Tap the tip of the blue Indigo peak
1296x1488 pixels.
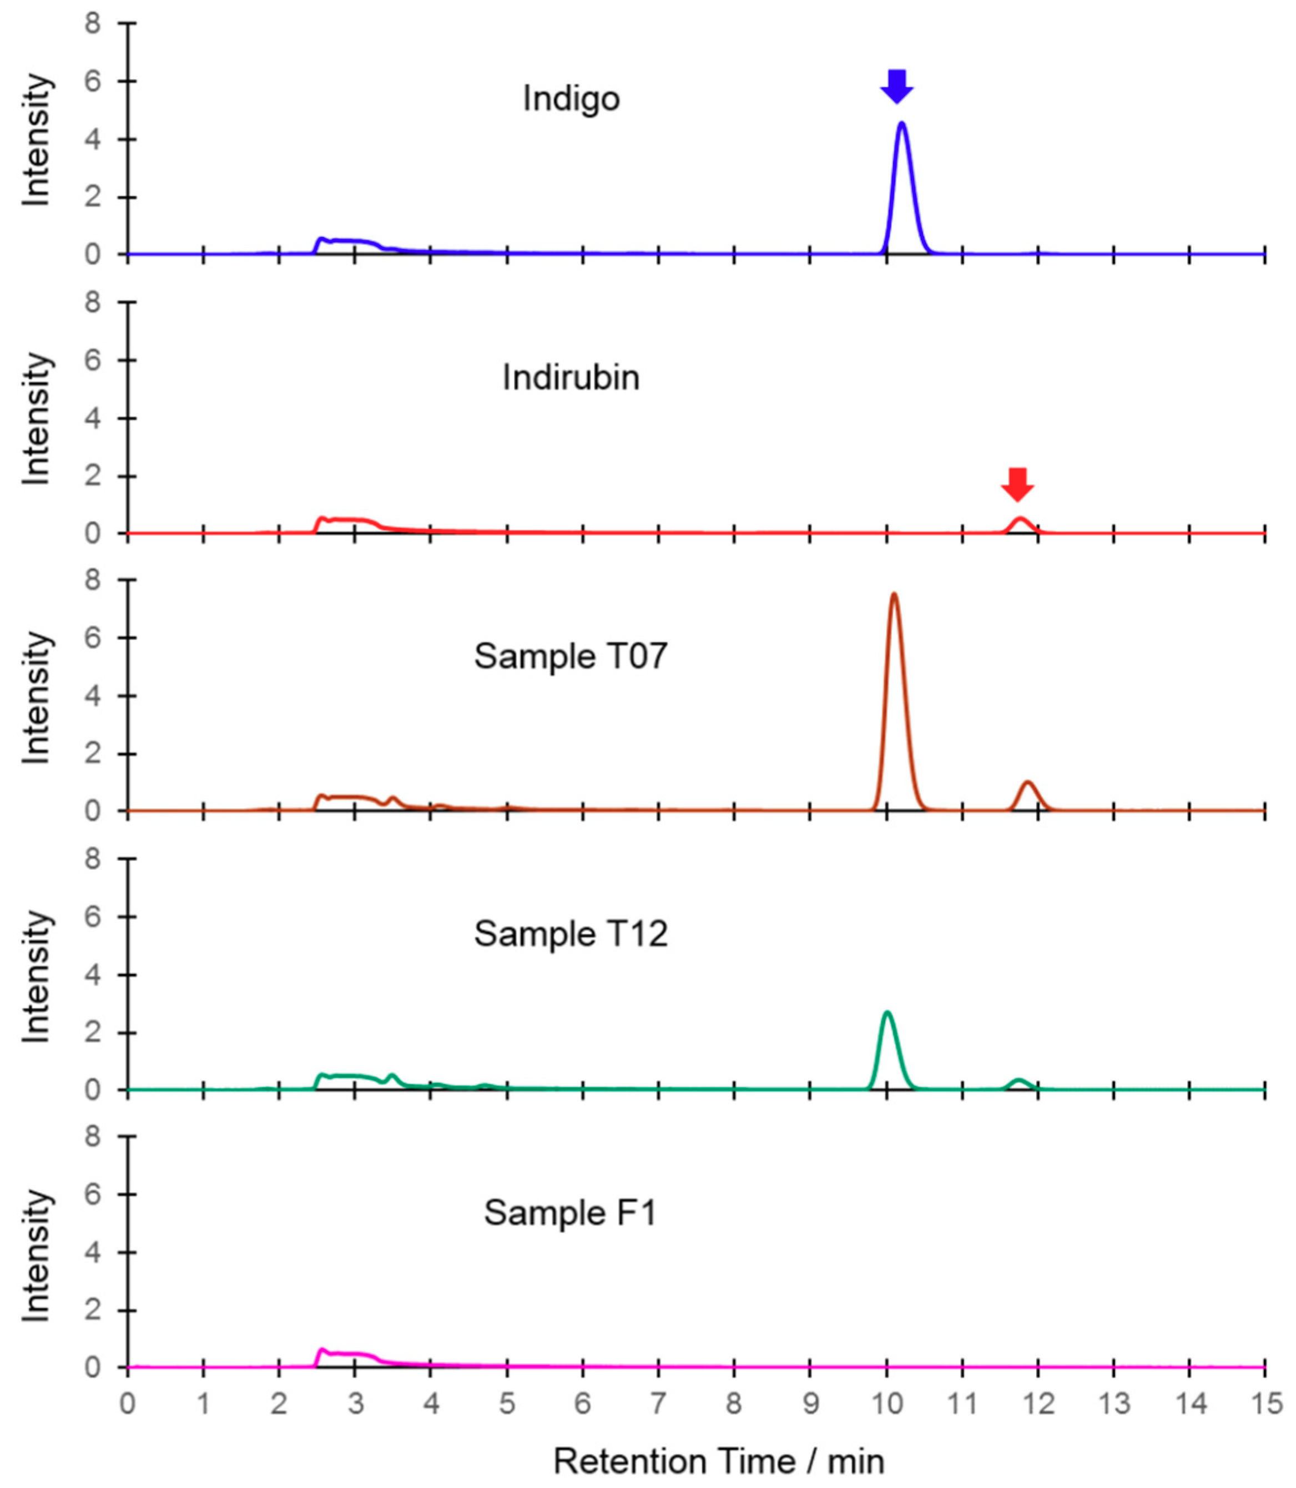point(902,124)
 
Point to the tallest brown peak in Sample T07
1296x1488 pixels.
point(894,595)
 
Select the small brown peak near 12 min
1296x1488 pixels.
point(1028,783)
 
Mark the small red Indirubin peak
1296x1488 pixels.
point(1020,519)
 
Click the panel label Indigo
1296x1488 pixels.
point(571,98)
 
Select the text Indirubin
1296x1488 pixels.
point(571,377)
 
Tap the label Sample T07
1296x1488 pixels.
point(571,656)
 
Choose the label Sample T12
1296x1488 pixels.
point(571,934)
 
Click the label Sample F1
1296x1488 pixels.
point(571,1212)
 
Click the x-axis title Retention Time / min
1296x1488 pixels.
point(719,1461)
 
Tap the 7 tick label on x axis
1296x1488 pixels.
point(658,1404)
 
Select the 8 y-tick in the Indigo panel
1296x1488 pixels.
point(93,24)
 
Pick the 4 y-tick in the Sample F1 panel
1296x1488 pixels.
point(93,1252)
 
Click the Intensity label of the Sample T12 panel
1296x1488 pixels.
point(36,976)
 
